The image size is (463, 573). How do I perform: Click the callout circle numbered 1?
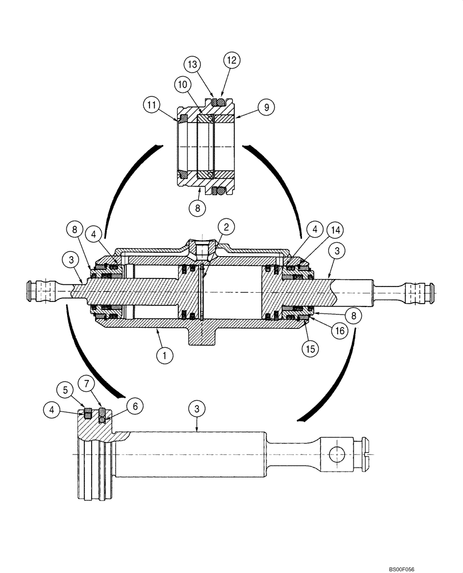point(164,356)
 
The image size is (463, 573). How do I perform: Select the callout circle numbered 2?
point(226,227)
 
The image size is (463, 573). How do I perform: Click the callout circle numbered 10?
point(182,84)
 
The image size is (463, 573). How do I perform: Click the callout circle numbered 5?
point(65,391)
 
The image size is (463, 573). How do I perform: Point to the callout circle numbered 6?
point(135,406)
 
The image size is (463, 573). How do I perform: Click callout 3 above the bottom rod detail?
point(197,409)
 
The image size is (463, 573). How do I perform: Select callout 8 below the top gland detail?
point(197,209)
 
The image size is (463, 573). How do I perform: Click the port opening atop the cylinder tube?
point(203,248)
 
